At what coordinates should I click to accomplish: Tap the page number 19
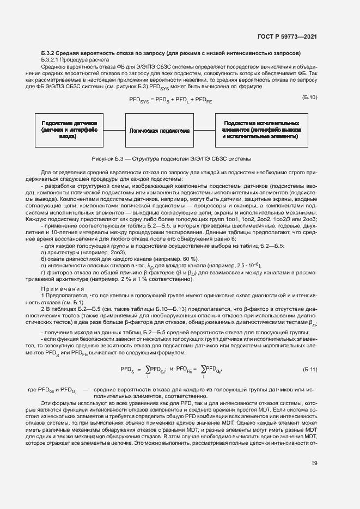(314, 463)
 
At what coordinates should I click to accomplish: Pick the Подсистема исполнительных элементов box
(260, 131)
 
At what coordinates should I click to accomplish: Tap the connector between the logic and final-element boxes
(204, 131)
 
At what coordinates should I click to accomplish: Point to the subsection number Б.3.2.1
(51, 60)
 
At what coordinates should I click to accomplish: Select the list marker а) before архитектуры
(43, 252)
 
